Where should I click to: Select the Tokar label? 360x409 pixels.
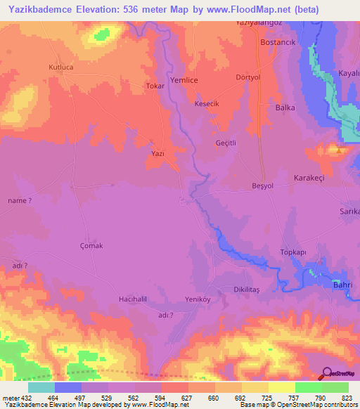pos(154,86)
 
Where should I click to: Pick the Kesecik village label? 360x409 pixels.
pos(207,103)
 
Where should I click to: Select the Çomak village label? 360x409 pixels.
pos(91,245)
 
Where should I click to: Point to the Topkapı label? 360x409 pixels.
pos(294,252)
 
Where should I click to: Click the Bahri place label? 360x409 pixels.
pos(342,285)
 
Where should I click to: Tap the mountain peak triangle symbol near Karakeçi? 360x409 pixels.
pos(340,150)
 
